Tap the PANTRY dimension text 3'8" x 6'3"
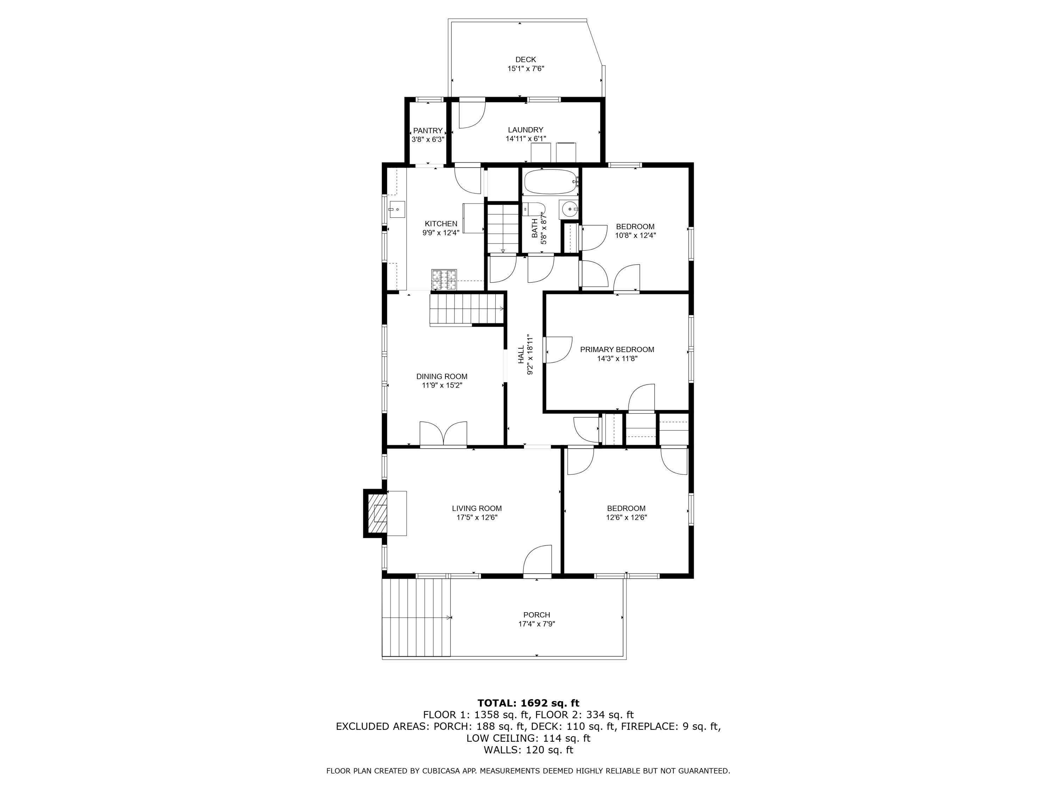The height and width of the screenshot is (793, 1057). click(x=428, y=140)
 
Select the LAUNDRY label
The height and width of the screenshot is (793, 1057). click(x=525, y=130)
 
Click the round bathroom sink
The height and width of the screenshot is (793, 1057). click(x=569, y=209)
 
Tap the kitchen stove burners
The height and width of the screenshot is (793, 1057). click(x=444, y=279)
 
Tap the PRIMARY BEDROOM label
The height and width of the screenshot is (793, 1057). click(x=617, y=349)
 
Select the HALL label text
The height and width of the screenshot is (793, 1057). click(x=521, y=355)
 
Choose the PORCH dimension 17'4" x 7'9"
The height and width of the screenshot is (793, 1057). click(x=536, y=624)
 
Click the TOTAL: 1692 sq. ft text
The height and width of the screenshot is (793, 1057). click(x=528, y=703)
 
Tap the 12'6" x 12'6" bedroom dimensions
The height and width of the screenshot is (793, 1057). click(x=626, y=517)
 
